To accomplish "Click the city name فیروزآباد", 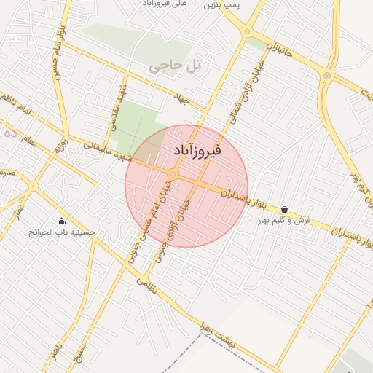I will point(199,151).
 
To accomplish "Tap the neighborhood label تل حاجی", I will point(174,66).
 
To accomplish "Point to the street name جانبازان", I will point(280,51).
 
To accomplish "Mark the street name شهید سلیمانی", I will point(106,151).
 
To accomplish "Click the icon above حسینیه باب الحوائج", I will point(60,221).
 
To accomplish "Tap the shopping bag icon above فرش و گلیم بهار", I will point(283,209).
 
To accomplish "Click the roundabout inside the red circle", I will point(174,175).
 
